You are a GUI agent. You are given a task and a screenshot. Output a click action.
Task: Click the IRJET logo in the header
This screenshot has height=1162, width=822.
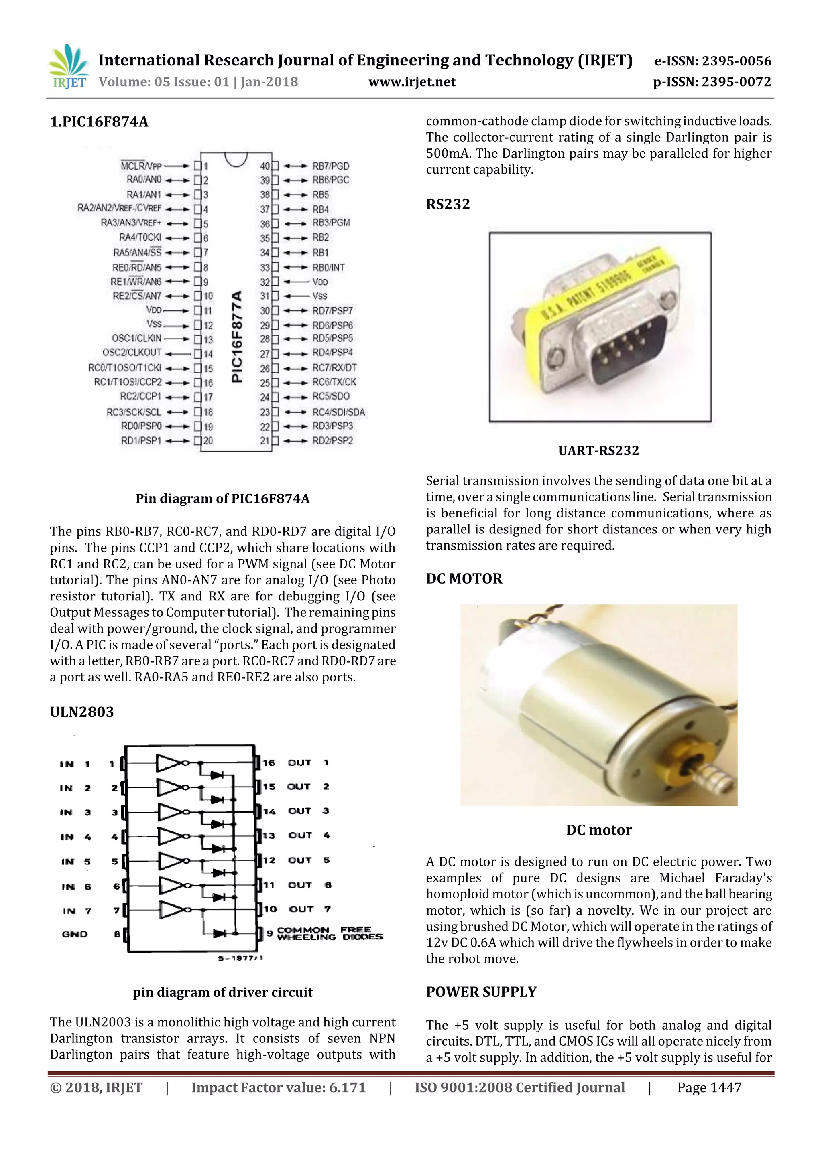(x=68, y=67)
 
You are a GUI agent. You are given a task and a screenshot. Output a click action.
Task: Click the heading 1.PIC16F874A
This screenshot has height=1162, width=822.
(x=99, y=122)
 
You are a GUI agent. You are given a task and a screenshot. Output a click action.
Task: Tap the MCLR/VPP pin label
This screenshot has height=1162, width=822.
(x=141, y=166)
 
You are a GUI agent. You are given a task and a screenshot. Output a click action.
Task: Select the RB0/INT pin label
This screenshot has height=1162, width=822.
(x=328, y=267)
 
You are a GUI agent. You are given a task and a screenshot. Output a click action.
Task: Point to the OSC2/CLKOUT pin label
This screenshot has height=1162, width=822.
(x=132, y=352)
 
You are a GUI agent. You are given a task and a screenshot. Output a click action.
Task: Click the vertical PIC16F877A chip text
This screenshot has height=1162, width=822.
(x=236, y=337)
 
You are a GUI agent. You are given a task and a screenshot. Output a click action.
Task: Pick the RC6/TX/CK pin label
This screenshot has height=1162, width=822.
(x=334, y=382)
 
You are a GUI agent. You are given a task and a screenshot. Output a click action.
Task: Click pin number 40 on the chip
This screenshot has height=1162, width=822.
(x=265, y=166)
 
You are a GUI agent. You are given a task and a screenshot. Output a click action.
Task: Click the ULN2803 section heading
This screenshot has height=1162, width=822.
(x=81, y=712)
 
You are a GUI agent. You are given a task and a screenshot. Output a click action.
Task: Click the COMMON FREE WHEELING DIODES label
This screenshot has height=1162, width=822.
(x=329, y=933)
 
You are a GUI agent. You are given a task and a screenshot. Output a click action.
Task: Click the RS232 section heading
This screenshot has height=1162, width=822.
(x=448, y=205)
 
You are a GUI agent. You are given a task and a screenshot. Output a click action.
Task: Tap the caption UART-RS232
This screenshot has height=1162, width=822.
(x=598, y=450)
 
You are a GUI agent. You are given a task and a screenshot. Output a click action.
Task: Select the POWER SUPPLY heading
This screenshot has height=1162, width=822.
(x=481, y=992)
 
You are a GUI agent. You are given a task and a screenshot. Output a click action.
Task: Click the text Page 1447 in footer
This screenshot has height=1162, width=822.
(x=709, y=1088)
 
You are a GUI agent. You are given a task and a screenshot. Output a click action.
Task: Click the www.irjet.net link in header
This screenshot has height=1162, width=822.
(x=412, y=82)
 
